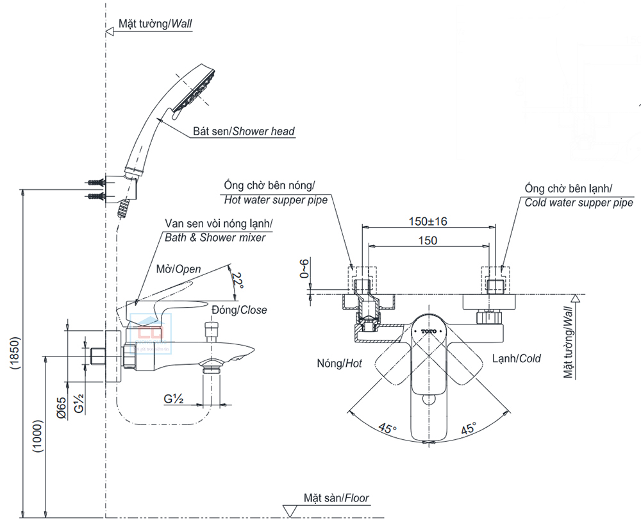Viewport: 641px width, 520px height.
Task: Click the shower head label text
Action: pos(244,131)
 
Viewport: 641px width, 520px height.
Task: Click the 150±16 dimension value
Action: pos(428,221)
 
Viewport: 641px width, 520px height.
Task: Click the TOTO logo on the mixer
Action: pos(429,331)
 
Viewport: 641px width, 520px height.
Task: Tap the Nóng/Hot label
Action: pos(339,364)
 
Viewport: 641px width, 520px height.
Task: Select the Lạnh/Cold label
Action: pos(517,358)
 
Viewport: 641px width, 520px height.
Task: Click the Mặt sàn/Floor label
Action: pos(337,498)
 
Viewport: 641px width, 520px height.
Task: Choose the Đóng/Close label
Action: pos(243,310)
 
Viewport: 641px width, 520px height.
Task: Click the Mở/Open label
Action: pos(179,269)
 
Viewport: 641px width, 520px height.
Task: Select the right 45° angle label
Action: pos(468,428)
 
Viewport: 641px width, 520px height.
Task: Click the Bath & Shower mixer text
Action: pos(215,237)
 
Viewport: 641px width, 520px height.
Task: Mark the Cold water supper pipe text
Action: pos(579,203)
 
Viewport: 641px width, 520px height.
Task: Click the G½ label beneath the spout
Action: pos(174,399)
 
